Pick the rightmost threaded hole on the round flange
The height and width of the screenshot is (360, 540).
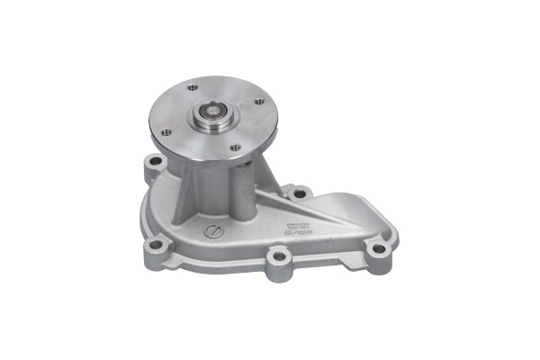[x=259, y=102]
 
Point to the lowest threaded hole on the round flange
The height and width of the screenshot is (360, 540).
[x=235, y=148]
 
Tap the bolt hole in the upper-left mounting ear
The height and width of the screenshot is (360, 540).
[x=155, y=163]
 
